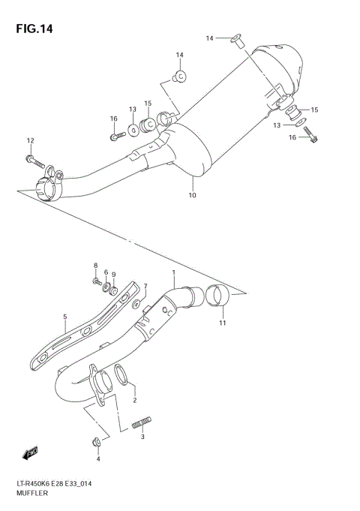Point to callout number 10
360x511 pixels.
coord(192,196)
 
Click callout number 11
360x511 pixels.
coord(222,323)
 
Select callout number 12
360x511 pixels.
coord(31,140)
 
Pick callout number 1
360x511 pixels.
coord(173,272)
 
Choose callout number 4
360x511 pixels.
coord(97,458)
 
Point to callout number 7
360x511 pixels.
coord(145,285)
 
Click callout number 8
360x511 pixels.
coord(96,266)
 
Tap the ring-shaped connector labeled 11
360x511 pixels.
coord(217,297)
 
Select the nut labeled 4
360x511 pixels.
coord(97,441)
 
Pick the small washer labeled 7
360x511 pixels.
coord(136,305)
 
